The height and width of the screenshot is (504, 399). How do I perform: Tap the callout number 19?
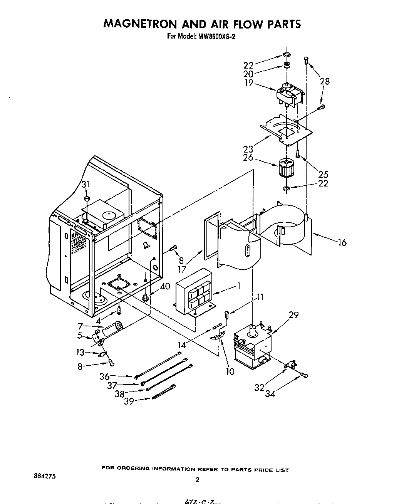click(249, 82)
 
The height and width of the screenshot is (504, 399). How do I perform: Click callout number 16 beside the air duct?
click(342, 242)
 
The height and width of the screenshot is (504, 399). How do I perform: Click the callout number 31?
click(85, 185)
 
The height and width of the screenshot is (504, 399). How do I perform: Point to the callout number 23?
click(248, 149)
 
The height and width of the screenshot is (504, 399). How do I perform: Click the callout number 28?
click(325, 81)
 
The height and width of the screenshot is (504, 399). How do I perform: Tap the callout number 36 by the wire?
click(105, 376)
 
